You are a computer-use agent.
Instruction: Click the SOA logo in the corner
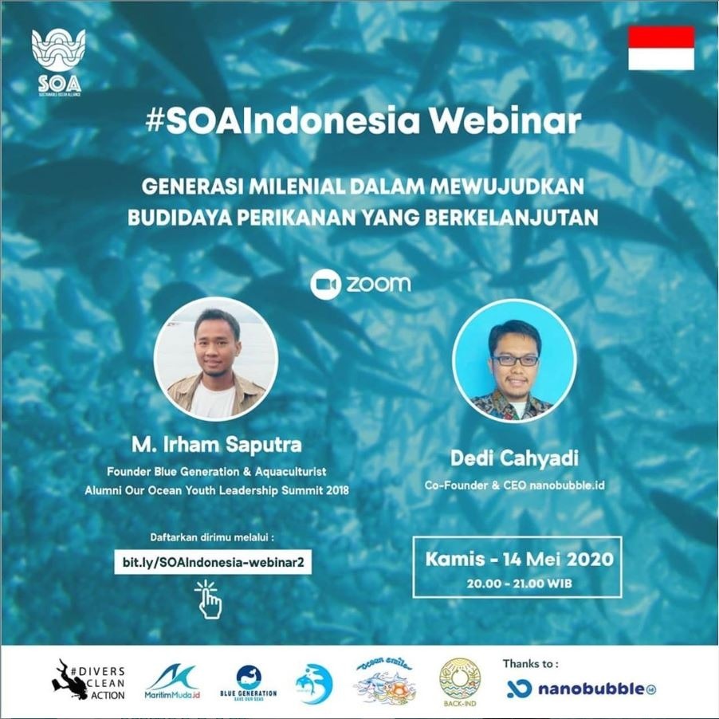point(57,63)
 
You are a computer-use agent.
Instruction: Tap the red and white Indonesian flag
point(661,48)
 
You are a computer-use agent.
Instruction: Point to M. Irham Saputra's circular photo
point(216,358)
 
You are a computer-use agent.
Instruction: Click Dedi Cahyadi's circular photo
point(514,360)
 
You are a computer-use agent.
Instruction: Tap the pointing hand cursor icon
point(209,599)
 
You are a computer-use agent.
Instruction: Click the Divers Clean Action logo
point(88,680)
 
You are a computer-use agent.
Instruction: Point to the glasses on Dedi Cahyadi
point(515,360)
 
